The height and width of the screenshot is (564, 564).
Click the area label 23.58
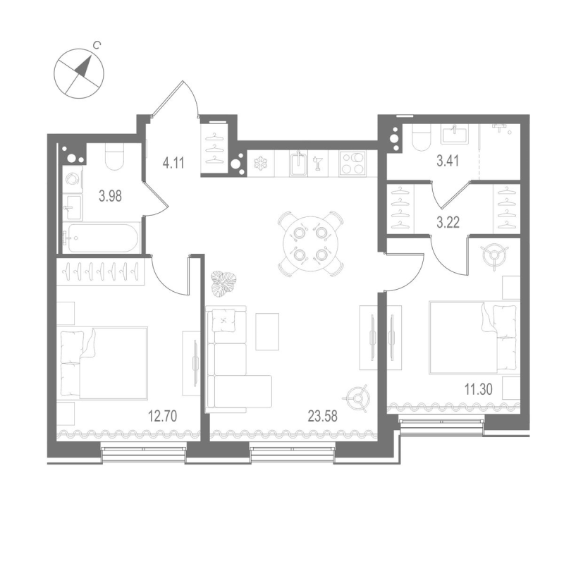(x=322, y=415)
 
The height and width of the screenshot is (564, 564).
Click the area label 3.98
(x=110, y=196)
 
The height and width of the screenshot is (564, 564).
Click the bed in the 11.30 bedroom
(x=473, y=336)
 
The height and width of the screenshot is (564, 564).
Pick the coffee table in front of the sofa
(x=267, y=331)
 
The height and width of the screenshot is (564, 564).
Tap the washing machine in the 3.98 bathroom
(x=71, y=180)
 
